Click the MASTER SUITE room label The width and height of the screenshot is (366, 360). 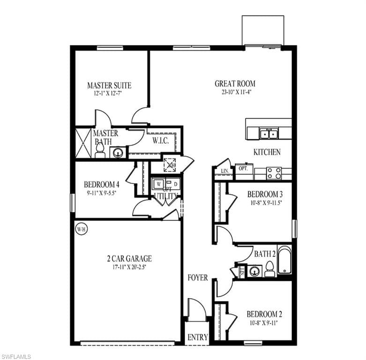tap(109, 85)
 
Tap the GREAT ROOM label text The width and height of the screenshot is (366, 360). tap(235, 83)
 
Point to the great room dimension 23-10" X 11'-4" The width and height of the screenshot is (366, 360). tap(235, 92)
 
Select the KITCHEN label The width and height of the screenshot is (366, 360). tap(267, 152)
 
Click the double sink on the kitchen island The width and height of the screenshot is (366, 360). tap(269, 134)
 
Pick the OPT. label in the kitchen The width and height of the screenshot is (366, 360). tap(243, 168)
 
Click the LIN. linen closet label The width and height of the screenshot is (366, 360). tap(224, 172)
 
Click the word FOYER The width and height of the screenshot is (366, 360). tap(198, 277)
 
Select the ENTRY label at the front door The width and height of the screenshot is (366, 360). tap(197, 337)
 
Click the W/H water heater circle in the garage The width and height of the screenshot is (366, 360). tap(81, 229)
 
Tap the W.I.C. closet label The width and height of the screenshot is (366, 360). tap(161, 140)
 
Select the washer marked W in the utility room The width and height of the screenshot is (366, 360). tap(157, 183)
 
